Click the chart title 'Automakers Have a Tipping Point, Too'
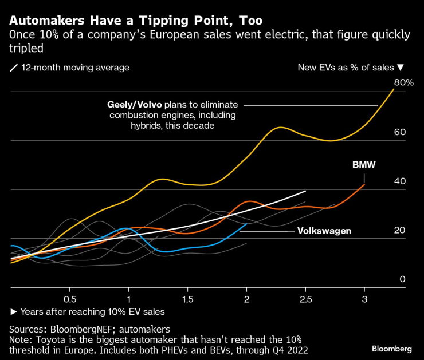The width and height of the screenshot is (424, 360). (x=136, y=21)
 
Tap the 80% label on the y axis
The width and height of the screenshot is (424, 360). (x=403, y=82)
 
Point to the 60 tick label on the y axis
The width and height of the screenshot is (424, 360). (x=399, y=132)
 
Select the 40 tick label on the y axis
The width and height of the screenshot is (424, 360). (x=399, y=181)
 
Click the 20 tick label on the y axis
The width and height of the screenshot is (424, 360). (x=399, y=230)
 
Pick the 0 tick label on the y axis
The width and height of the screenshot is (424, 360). (x=402, y=279)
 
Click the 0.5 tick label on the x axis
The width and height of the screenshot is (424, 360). (x=70, y=299)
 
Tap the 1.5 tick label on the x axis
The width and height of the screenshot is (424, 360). (x=187, y=299)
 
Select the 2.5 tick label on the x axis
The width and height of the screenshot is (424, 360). (x=305, y=299)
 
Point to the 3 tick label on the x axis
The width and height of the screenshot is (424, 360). (x=364, y=299)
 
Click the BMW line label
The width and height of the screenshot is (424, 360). (x=363, y=165)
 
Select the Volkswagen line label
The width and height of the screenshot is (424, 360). (x=324, y=231)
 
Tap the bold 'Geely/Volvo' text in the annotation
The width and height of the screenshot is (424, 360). (x=135, y=105)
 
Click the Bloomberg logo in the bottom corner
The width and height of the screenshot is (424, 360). (x=391, y=348)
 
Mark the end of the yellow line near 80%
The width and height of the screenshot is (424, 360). (x=394, y=89)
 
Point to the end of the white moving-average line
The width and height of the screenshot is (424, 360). (x=306, y=191)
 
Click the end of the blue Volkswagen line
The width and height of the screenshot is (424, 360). (x=247, y=223)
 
